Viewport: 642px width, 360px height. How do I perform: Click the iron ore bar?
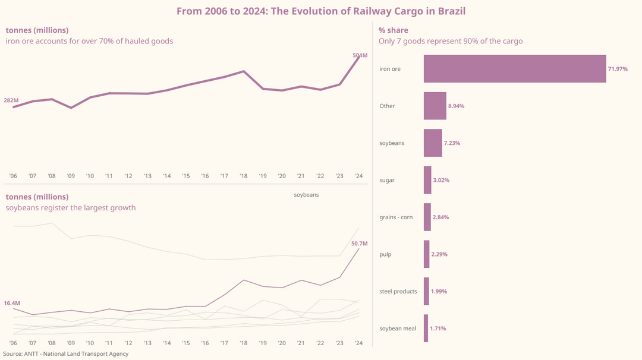coord(515,69)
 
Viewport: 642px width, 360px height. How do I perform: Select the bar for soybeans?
coord(433,143)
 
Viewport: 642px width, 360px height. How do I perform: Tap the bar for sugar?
coord(427,180)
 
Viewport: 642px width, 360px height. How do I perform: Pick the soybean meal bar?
coord(426,329)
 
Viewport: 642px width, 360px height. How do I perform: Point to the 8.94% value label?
coord(456,106)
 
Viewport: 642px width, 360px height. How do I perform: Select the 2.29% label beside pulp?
coord(439,254)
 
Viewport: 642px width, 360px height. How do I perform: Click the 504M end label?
coord(360,56)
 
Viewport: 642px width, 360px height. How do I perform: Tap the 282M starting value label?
coord(11,100)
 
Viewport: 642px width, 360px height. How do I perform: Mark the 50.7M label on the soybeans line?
coord(360,244)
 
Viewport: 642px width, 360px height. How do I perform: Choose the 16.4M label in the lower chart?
coord(12,303)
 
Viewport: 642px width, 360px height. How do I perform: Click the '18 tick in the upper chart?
coord(244,176)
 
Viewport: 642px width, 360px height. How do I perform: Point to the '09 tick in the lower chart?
coord(71,343)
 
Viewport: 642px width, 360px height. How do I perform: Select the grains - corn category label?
coord(396,217)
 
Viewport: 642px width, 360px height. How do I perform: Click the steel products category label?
coord(398,292)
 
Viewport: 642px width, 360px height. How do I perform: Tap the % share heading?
coord(394,30)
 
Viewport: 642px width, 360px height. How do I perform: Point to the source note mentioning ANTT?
coord(65,354)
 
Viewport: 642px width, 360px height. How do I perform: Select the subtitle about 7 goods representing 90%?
coord(451,41)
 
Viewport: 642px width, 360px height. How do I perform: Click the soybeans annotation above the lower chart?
coord(306,195)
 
